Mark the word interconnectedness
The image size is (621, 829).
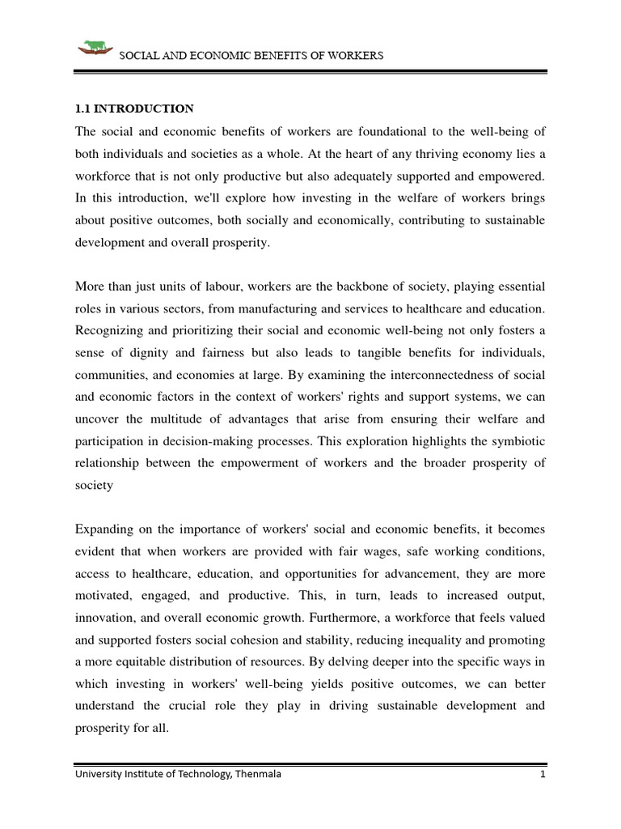pos(414,375)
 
